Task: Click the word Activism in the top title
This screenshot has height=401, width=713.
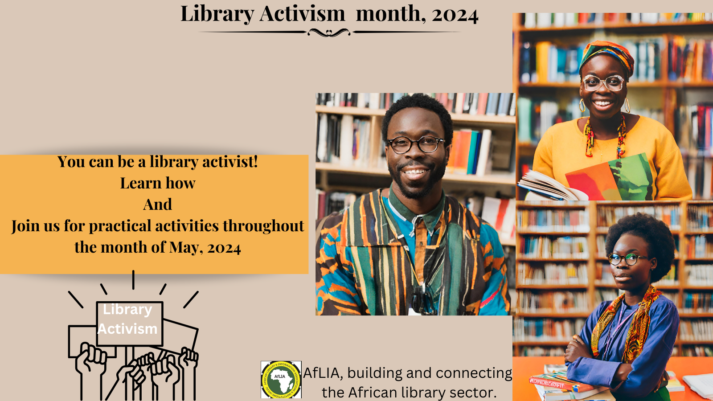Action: tap(302, 14)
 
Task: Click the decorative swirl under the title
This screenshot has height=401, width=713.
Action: tap(329, 33)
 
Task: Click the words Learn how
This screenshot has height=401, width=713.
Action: tap(158, 183)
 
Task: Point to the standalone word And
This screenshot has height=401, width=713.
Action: tap(158, 205)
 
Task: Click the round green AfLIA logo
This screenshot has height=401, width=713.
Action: tap(281, 380)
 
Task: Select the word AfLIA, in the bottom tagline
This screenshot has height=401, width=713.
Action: tap(323, 373)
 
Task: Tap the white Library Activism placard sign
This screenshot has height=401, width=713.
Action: tap(129, 323)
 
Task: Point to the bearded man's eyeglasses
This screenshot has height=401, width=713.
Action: tap(416, 144)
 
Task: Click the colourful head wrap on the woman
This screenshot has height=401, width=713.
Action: tap(606, 56)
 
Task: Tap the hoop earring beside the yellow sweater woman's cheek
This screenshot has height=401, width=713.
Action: tap(582, 106)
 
